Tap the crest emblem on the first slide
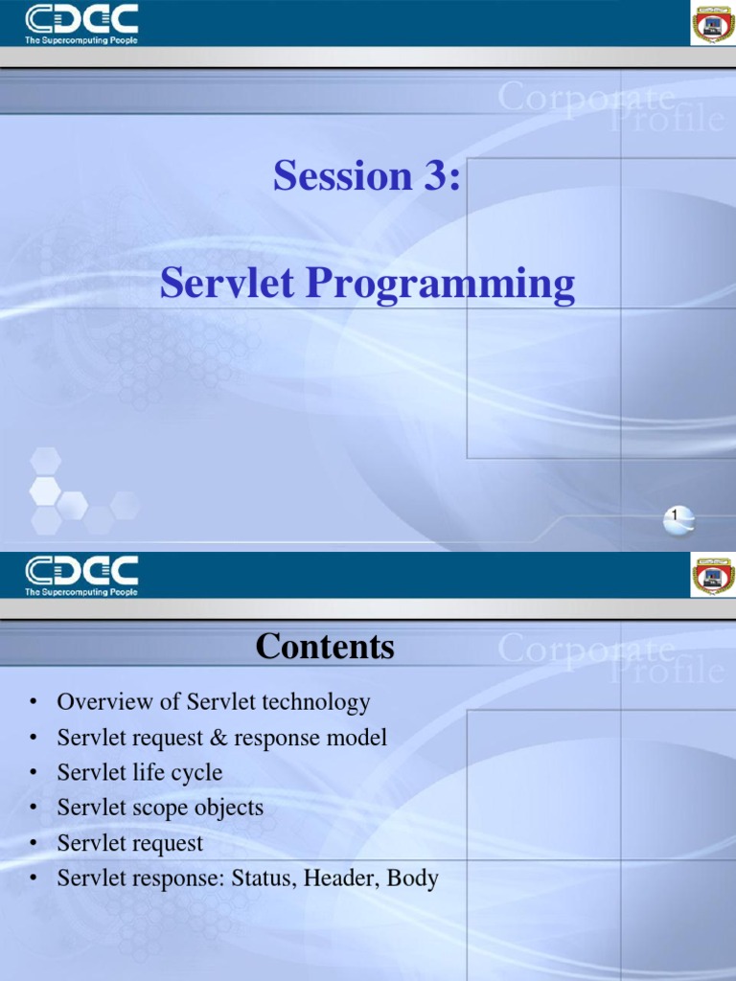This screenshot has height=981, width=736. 712,23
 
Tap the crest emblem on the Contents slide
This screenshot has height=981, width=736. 712,576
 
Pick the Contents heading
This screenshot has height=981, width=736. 325,648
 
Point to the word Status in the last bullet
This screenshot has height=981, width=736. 264,878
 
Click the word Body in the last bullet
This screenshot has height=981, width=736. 413,878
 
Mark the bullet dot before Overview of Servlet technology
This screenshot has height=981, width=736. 34,703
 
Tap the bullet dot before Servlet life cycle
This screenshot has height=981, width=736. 34,773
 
